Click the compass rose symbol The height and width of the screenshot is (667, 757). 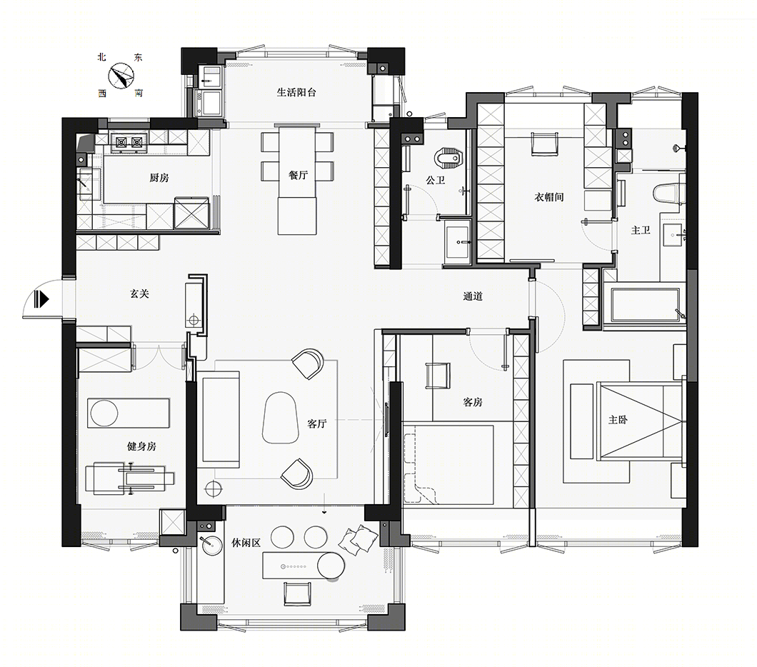(121, 76)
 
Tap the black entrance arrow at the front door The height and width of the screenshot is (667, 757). (41, 299)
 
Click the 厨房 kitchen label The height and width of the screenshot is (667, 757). (159, 178)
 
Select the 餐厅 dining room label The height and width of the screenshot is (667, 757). (298, 175)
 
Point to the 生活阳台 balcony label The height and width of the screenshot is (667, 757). (296, 92)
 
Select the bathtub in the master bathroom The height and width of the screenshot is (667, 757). (645, 304)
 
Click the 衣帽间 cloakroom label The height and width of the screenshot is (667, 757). (549, 197)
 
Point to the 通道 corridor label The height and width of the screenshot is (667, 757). (473, 296)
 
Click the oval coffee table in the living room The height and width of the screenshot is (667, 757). (281, 417)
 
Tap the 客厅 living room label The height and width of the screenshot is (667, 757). (317, 423)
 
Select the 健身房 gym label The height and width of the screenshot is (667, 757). (141, 446)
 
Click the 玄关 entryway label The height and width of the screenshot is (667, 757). (139, 294)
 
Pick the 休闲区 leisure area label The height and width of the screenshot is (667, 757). (246, 543)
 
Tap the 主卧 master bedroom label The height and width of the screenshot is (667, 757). (618, 420)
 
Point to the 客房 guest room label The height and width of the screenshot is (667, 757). (473, 402)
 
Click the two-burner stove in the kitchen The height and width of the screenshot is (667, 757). (129, 142)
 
